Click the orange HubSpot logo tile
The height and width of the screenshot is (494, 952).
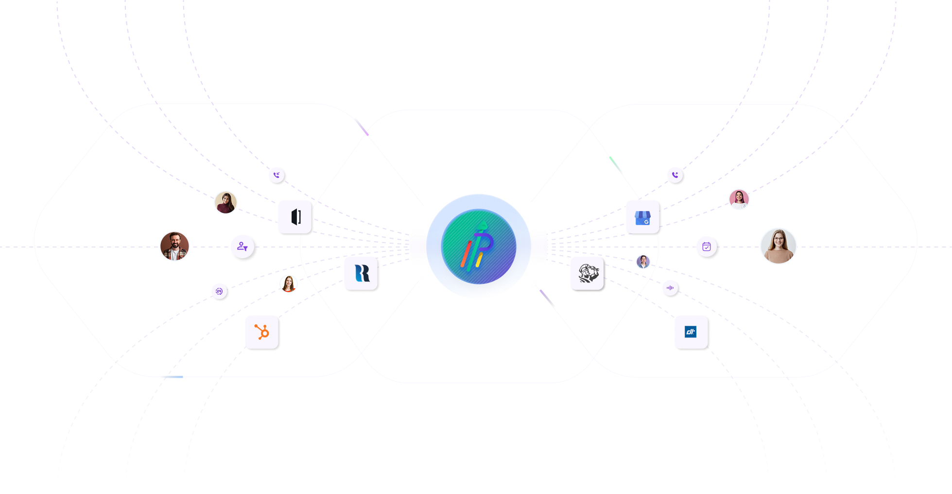[x=260, y=331]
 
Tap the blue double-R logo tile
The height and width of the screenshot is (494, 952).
[x=360, y=272]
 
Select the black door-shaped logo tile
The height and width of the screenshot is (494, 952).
[x=294, y=216]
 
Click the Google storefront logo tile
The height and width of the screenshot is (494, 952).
[x=641, y=216]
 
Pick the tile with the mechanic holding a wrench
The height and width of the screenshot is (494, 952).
[x=586, y=272]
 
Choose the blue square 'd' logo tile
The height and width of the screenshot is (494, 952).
[x=690, y=331]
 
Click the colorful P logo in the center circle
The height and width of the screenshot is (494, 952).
[x=479, y=246]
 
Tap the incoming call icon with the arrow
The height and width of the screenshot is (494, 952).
[x=276, y=174]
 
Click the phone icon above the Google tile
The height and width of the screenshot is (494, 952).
[x=674, y=174]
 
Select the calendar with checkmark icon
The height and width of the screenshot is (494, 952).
[x=706, y=246]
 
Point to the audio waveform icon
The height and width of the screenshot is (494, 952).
[x=670, y=287]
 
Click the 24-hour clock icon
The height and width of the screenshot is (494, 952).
[x=218, y=291]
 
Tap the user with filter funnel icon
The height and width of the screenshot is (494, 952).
[x=241, y=246]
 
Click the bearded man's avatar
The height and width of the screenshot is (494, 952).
[x=174, y=246]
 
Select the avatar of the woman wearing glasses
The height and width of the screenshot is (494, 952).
[x=778, y=246]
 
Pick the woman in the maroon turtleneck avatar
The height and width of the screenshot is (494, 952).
[x=225, y=202]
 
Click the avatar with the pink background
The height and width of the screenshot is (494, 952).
[x=739, y=199]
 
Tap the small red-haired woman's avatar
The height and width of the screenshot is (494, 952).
[x=289, y=283]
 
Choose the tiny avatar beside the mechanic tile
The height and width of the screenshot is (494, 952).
[x=643, y=262]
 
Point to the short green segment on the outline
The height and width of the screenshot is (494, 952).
[x=616, y=165]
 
